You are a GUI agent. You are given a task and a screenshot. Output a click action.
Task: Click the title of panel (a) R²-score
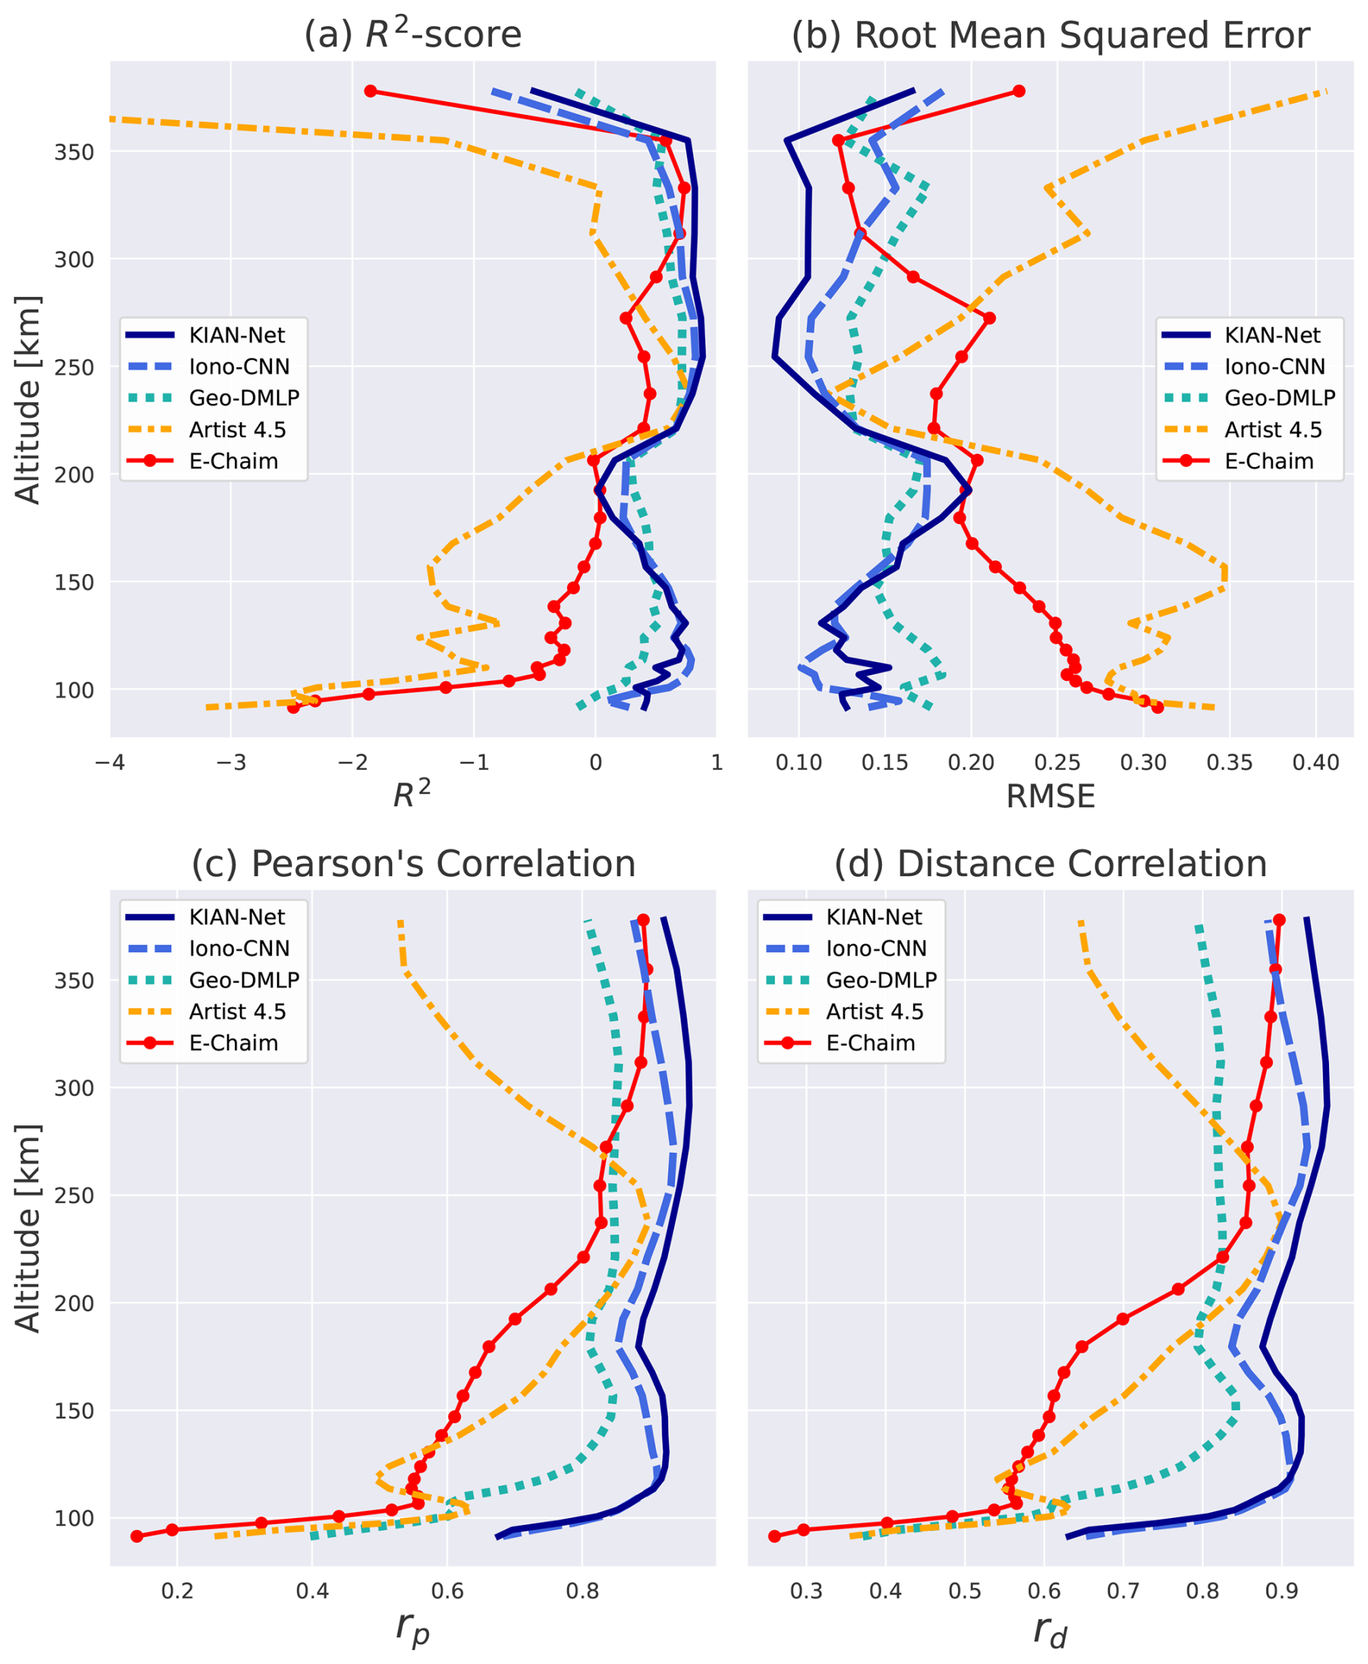(413, 35)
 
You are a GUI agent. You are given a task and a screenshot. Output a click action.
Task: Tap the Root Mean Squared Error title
(1051, 35)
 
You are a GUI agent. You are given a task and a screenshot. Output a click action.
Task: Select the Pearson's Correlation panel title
(413, 864)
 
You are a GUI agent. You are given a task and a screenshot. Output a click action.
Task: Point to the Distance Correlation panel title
(1051, 864)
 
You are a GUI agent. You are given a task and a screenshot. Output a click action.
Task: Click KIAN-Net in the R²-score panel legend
(236, 335)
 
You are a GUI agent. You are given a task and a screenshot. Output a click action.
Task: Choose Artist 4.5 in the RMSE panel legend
(1273, 429)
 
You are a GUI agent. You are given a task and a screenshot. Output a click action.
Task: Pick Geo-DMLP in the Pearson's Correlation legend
(244, 979)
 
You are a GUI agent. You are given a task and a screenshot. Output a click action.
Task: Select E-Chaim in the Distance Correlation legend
(870, 1042)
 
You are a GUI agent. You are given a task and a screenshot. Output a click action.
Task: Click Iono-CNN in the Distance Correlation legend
(876, 948)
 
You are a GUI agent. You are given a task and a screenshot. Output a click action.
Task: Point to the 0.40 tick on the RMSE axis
(1316, 763)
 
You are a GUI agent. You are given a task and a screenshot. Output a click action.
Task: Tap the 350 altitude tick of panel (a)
(74, 152)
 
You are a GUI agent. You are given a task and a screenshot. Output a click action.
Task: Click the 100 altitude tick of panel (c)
(74, 1518)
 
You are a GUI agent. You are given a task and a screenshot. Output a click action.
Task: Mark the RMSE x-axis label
(1051, 797)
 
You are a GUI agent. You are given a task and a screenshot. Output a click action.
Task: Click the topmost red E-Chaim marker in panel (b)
(1019, 91)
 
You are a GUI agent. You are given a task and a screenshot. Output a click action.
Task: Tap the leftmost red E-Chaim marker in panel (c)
(137, 1536)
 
